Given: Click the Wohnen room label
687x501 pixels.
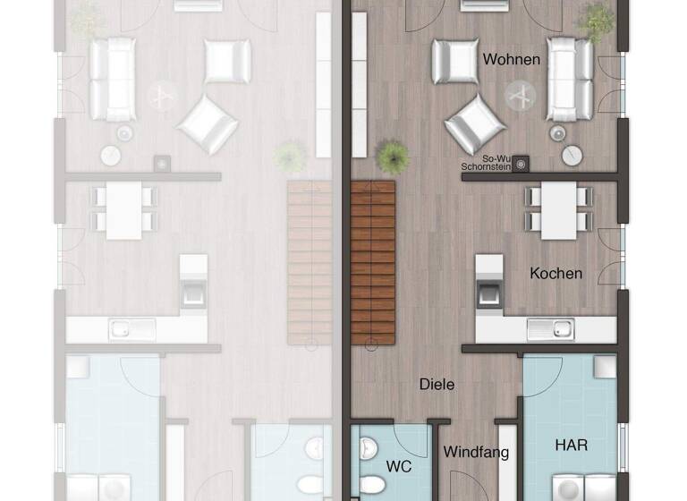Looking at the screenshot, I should click(x=512, y=60).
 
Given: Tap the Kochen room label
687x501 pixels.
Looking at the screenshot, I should click(x=556, y=273).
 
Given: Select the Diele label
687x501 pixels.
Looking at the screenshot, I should click(x=437, y=384).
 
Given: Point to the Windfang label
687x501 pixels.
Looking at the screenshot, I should click(x=476, y=452).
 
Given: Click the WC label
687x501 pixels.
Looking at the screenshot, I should click(x=398, y=466).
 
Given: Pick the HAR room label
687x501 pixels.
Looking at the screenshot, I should click(x=571, y=444).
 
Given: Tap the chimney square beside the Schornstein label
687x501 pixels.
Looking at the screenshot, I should click(x=520, y=163).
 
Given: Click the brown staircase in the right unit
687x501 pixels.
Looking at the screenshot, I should click(x=373, y=261).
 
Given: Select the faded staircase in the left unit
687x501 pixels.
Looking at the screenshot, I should click(x=310, y=261).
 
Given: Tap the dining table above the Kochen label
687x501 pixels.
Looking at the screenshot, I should click(x=557, y=210).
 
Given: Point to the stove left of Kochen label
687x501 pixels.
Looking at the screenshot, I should click(x=488, y=292).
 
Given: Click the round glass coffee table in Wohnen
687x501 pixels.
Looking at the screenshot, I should click(x=521, y=93).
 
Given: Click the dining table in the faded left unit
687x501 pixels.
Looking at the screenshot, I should click(x=124, y=210).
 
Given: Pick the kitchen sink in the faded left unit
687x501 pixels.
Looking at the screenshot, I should click(x=133, y=329).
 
